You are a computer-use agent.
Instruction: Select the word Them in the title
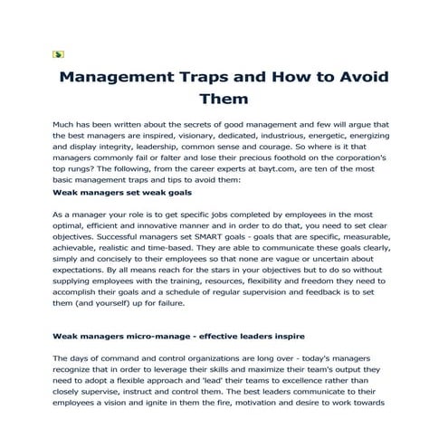point(224,99)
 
